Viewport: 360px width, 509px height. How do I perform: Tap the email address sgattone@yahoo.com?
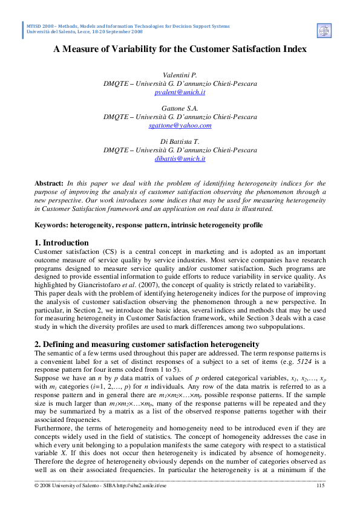click(x=180, y=125)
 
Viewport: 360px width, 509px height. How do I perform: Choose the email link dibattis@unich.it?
click(x=180, y=158)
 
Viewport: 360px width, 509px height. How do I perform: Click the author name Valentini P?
click(x=180, y=74)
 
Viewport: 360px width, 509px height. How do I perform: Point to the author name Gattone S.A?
click(x=180, y=108)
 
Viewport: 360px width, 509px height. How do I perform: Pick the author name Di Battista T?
click(x=180, y=141)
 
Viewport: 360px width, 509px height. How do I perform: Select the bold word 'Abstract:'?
click(x=49, y=183)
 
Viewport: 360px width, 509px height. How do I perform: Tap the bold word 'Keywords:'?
click(x=53, y=225)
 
